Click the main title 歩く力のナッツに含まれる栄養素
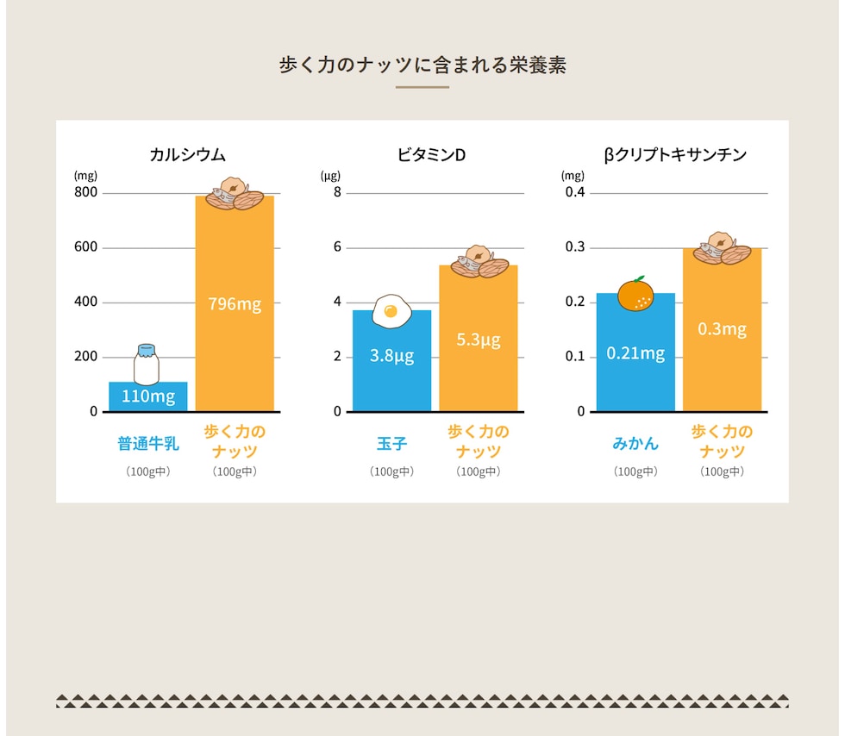pyautogui.click(x=422, y=65)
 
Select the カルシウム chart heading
pyautogui.click(x=187, y=155)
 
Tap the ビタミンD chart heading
pyautogui.click(x=431, y=155)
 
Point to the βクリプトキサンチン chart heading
pyautogui.click(x=675, y=155)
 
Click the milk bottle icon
pyautogui.click(x=147, y=364)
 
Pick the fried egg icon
pyautogui.click(x=391, y=311)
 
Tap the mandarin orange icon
pyautogui.click(x=635, y=294)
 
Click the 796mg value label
pyautogui.click(x=235, y=303)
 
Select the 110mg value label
pyautogui.click(x=148, y=396)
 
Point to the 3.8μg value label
pyautogui.click(x=391, y=355)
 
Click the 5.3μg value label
pyautogui.click(x=479, y=340)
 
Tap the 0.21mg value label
pyautogui.click(x=635, y=353)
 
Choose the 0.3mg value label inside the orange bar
pyautogui.click(x=722, y=329)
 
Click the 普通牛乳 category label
pyautogui.click(x=148, y=445)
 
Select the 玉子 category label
pyautogui.click(x=391, y=445)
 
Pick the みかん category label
pyautogui.click(x=635, y=444)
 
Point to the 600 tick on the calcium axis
pyautogui.click(x=86, y=247)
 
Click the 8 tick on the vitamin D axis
pyautogui.click(x=338, y=192)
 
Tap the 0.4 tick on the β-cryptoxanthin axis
pyautogui.click(x=575, y=192)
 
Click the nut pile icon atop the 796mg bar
pyautogui.click(x=235, y=195)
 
